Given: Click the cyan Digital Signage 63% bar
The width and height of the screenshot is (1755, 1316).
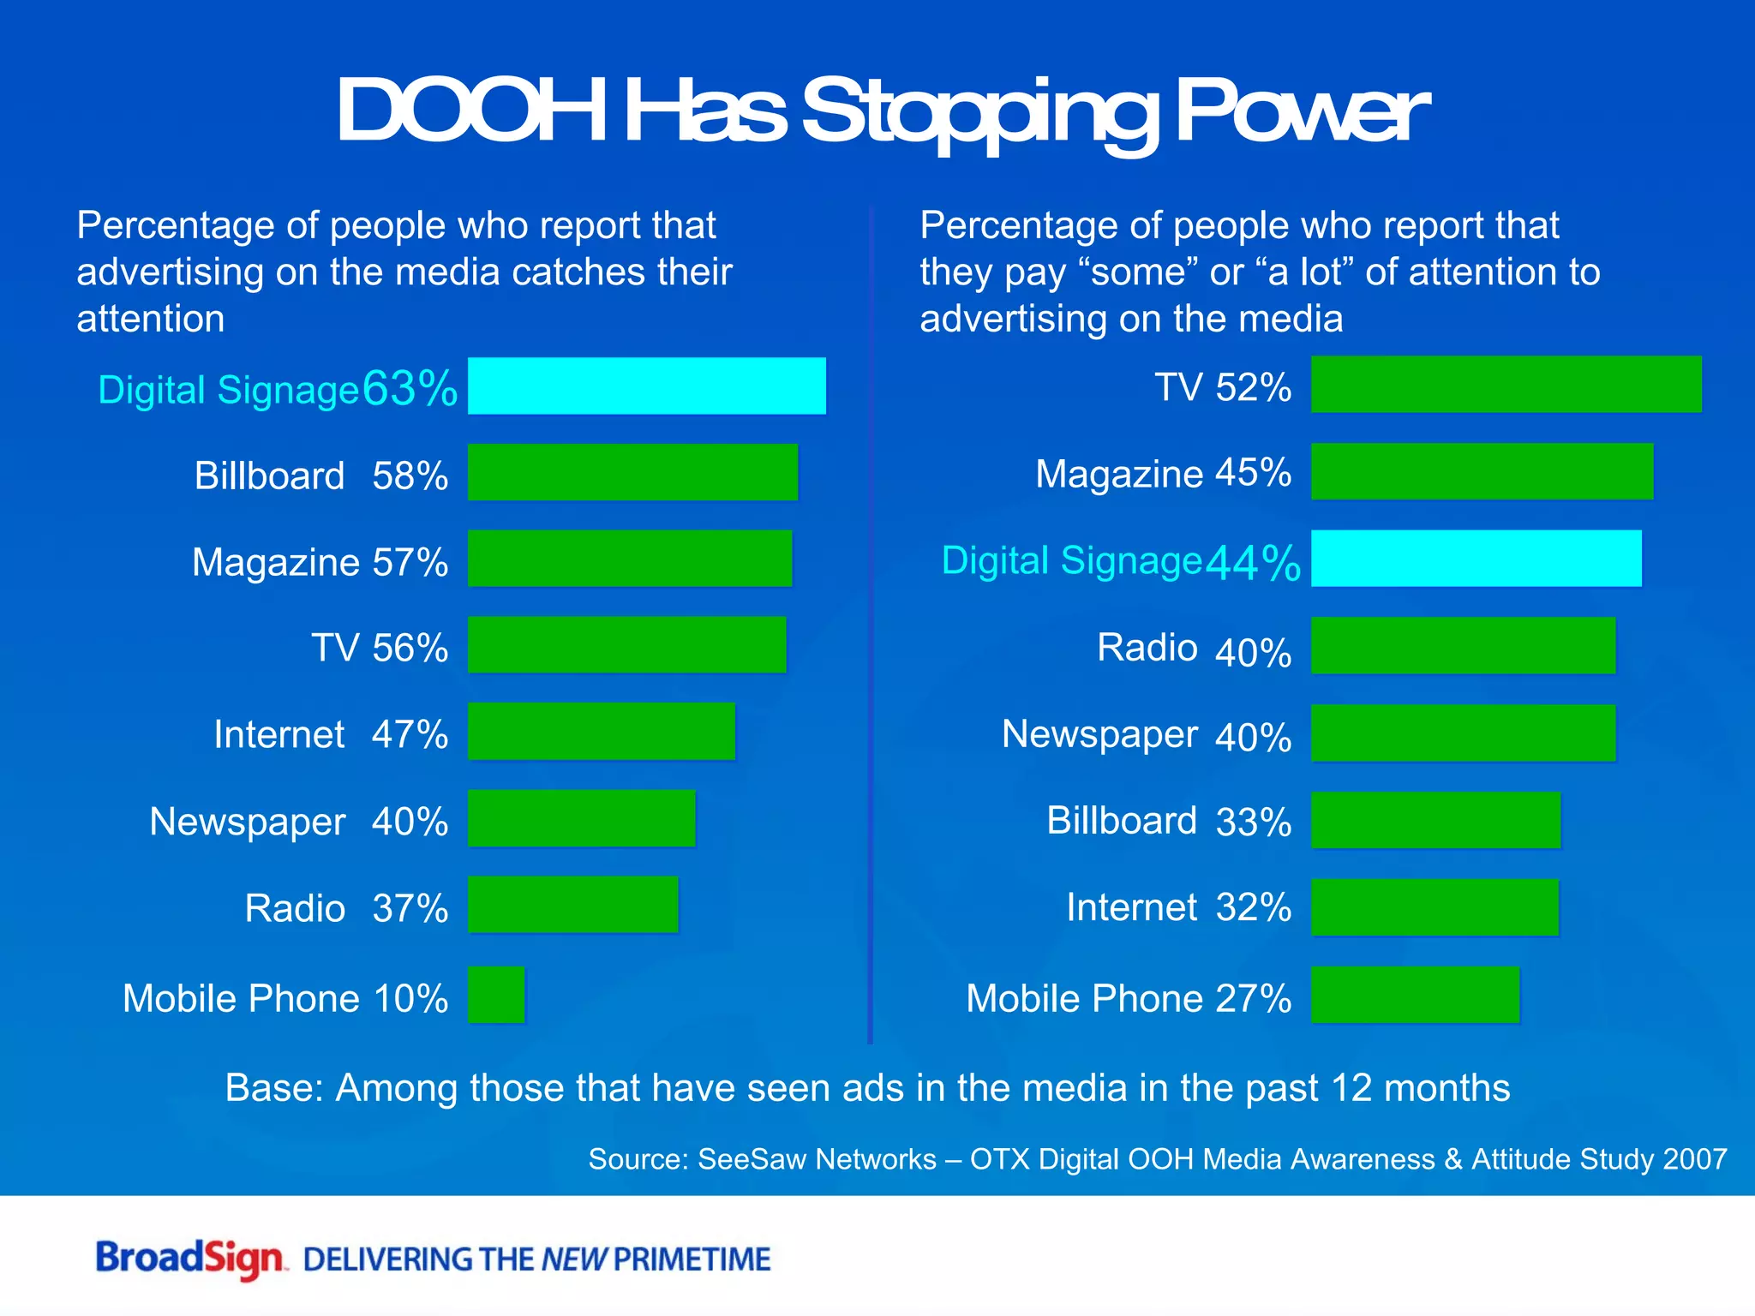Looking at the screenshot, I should pos(646,386).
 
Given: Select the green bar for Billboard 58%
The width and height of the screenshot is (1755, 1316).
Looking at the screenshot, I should pos(632,472).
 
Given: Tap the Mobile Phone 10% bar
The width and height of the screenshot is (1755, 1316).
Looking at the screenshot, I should pos(496,995).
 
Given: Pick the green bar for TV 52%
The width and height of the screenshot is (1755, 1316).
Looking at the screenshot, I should pos(1506,385).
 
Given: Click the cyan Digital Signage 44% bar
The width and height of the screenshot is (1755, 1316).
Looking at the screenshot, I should pos(1476,559).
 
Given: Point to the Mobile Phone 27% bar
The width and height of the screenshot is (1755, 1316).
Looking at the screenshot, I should pos(1415,995).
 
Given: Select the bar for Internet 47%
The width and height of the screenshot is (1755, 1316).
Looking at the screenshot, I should pos(601,731).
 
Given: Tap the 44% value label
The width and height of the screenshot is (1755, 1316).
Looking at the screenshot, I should pos(1253,563).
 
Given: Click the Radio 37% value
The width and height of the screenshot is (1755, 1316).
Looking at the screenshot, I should pos(410,908).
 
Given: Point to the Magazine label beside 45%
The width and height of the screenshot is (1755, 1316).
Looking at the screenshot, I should pos(1119,474).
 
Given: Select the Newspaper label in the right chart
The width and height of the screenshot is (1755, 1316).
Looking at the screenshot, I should pos(1099,734).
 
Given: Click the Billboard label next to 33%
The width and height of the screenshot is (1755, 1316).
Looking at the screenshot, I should pos(1121,821).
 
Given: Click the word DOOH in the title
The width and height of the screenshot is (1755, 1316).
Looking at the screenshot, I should pos(470,111).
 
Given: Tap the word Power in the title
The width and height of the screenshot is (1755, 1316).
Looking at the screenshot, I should pos(1301,111).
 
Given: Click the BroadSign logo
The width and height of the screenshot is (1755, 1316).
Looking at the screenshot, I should pos(190,1259).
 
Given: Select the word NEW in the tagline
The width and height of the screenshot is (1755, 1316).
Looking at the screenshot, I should pos(574,1259).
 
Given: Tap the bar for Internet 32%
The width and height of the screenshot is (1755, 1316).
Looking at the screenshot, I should pos(1435,907).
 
